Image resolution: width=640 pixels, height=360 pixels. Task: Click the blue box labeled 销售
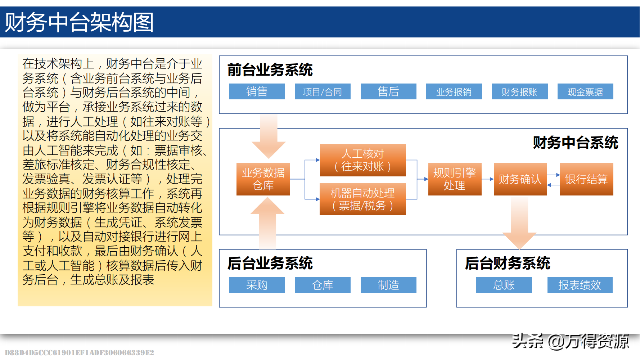tap(257, 91)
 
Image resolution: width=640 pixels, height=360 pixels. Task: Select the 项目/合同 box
tap(323, 91)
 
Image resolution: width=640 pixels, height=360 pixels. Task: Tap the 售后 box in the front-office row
tap(388, 91)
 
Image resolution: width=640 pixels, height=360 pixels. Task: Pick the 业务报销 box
tap(454, 91)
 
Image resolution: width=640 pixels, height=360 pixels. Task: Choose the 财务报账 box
tap(520, 91)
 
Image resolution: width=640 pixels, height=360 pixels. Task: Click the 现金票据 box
tap(585, 91)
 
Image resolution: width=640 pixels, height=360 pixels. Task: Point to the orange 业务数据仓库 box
tap(263, 179)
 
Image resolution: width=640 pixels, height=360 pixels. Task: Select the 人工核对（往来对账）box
tap(363, 160)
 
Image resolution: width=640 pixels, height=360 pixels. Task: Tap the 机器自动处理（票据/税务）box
tap(363, 199)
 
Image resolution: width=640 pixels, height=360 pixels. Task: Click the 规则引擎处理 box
tap(455, 179)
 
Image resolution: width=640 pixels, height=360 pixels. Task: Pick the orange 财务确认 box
tap(520, 179)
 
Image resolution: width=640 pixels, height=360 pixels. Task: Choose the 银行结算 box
tap(586, 179)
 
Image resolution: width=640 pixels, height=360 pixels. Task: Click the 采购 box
tap(257, 285)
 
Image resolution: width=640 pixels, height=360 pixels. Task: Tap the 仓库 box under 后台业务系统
tap(323, 285)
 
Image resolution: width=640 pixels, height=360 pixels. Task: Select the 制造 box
tap(388, 285)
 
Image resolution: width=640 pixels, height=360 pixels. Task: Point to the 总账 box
tap(504, 285)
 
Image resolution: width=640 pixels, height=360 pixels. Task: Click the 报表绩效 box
tap(580, 285)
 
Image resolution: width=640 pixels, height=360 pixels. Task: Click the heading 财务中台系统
tap(575, 143)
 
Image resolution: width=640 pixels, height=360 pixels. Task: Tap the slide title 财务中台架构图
tap(79, 22)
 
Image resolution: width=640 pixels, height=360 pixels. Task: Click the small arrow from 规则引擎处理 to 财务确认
tap(488, 179)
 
